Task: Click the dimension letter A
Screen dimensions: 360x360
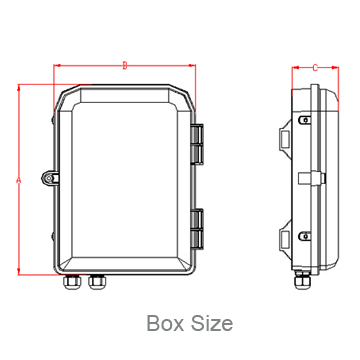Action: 19,180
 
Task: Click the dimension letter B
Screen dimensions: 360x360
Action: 124,66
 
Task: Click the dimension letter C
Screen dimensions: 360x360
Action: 315,68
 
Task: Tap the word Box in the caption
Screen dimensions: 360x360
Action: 165,323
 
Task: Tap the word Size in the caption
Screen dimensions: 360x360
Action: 211,323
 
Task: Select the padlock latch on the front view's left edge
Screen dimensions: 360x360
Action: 50,178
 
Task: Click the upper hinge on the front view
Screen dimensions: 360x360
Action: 198,144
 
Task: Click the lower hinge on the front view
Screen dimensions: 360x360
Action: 198,229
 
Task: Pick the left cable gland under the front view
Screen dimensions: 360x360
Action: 74,283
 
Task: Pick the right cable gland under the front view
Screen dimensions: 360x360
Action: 97,283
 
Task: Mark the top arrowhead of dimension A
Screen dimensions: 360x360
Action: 19,89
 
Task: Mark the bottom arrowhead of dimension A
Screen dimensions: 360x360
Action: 19,270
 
